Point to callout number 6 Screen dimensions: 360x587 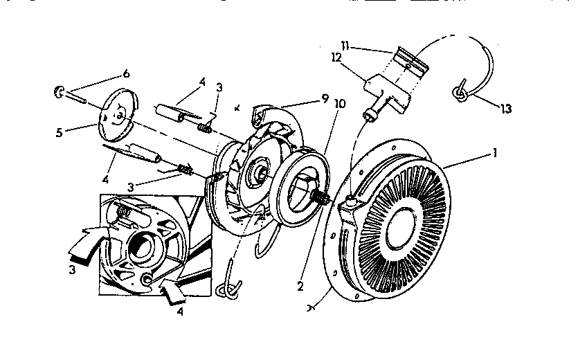click(x=125, y=73)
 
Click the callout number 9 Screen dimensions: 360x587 click(x=324, y=98)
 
